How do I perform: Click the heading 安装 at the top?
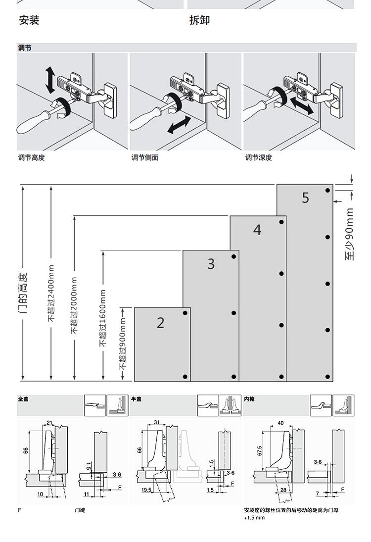29,20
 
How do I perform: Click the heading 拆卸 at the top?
199,20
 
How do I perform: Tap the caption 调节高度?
31,158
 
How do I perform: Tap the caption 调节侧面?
145,158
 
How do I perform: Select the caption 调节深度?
259,158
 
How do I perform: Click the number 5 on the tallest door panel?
305,198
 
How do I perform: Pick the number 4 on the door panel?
257,230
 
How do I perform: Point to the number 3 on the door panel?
211,264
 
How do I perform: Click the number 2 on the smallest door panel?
160,323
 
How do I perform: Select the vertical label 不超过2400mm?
51,294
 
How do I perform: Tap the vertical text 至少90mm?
350,234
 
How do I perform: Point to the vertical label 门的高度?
23,293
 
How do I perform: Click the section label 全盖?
23,398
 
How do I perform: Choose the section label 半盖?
136,398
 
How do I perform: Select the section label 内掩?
249,398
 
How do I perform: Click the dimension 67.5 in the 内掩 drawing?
259,450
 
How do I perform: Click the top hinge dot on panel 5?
327,191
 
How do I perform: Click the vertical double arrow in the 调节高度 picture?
50,80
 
